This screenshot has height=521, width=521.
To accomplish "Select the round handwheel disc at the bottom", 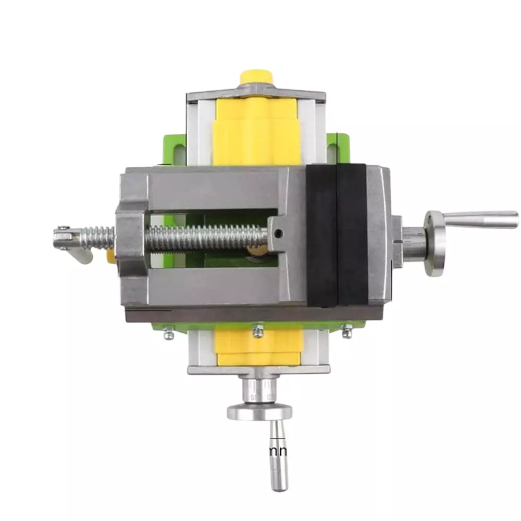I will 259,412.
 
